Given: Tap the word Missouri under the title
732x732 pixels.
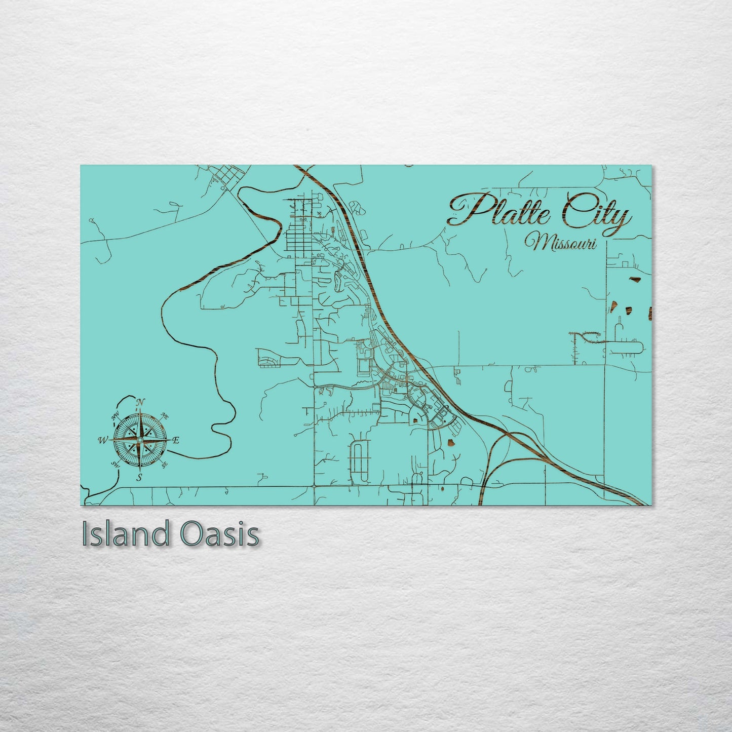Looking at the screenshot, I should click(x=561, y=243).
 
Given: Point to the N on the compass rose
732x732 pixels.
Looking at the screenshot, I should click(x=140, y=403).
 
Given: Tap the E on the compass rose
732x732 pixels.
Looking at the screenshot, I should click(x=176, y=441).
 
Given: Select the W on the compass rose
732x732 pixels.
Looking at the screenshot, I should click(x=103, y=440).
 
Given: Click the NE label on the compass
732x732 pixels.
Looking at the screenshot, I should click(x=164, y=416).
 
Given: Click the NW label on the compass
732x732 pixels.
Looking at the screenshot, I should click(x=115, y=417).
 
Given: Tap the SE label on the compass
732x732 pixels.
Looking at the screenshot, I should click(x=164, y=464).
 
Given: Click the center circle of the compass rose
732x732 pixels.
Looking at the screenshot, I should click(x=139, y=440).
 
